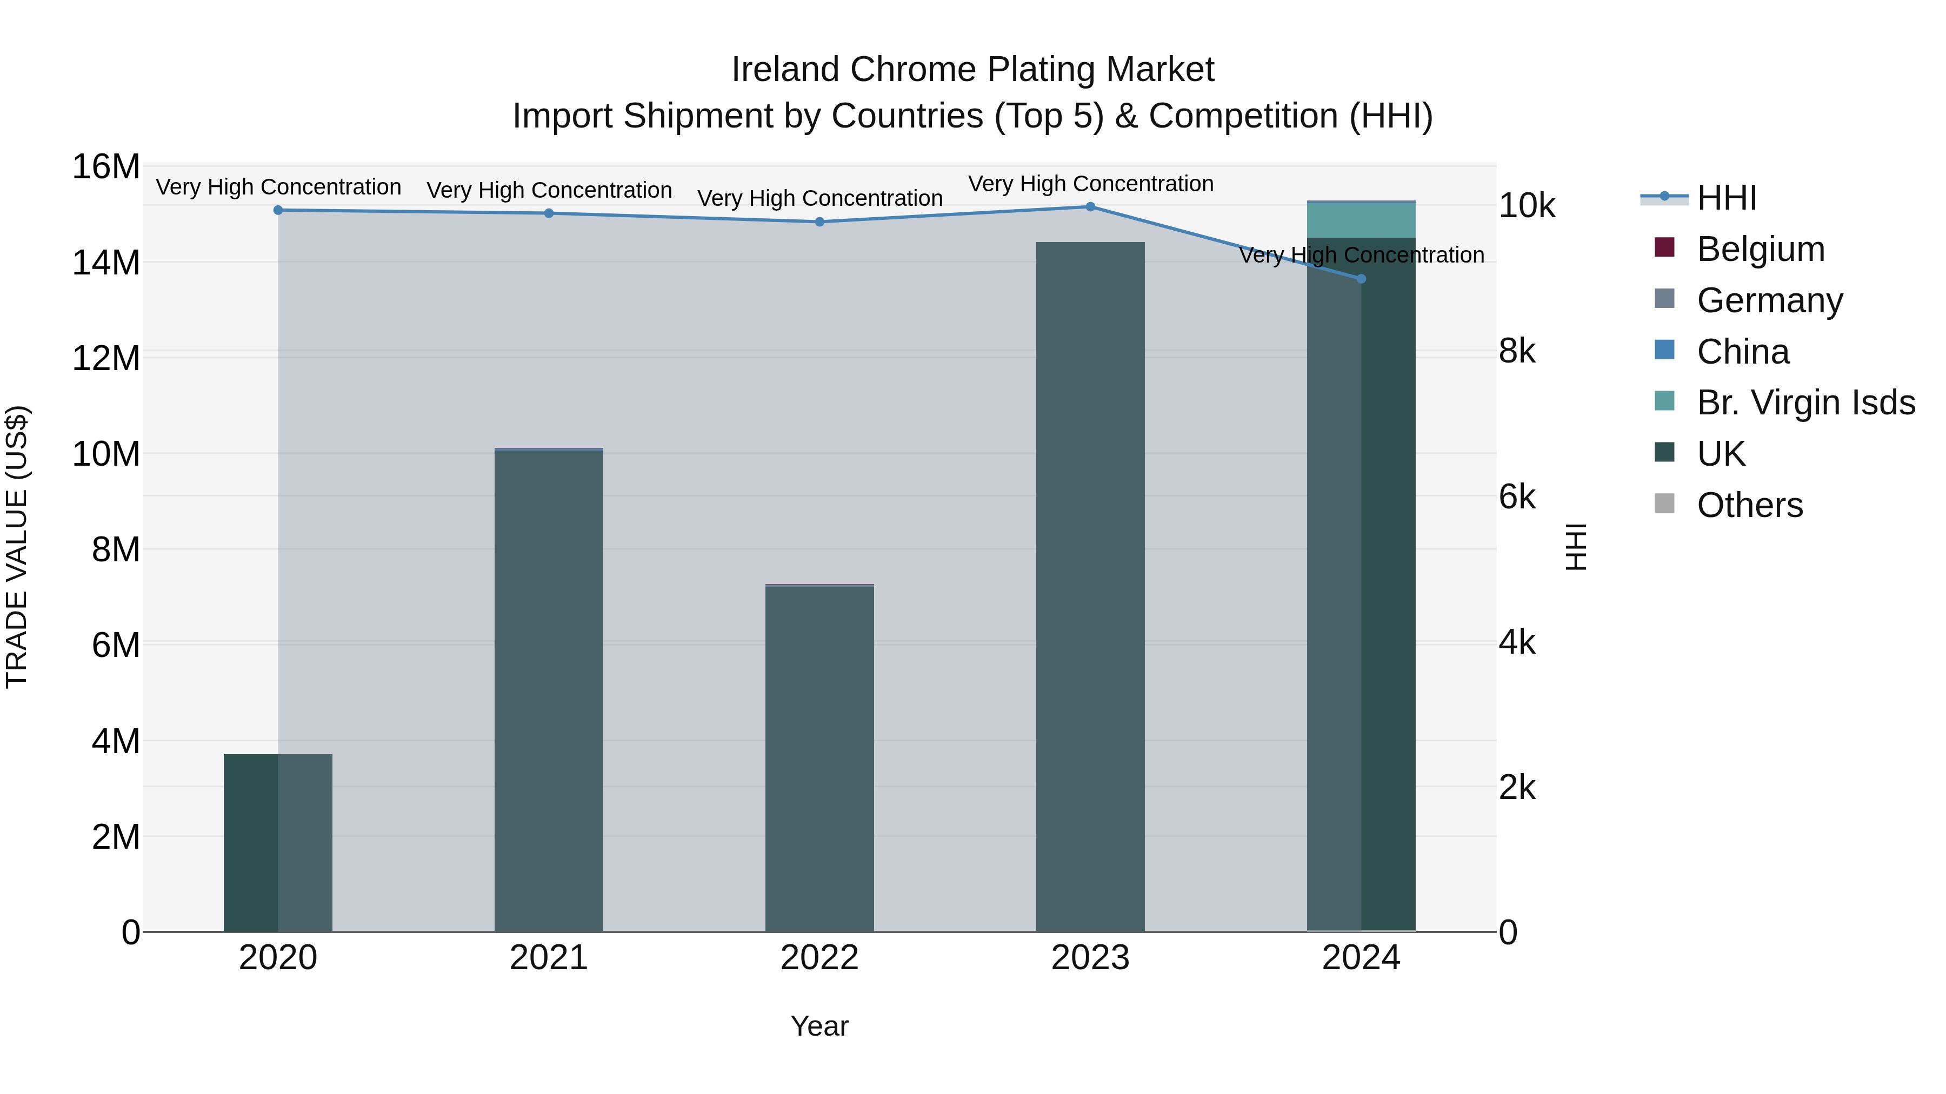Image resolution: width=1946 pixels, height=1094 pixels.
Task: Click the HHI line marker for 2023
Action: (x=1090, y=206)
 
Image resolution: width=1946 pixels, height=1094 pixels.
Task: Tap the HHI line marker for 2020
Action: (x=278, y=210)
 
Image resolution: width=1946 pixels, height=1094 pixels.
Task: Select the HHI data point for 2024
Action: (x=1361, y=279)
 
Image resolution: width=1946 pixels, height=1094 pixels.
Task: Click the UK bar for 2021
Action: (x=549, y=691)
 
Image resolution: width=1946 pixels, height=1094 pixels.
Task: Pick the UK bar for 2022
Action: (x=819, y=759)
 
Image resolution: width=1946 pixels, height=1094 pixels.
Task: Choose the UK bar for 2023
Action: (x=1090, y=587)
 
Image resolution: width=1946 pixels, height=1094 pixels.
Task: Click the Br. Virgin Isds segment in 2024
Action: (x=1361, y=220)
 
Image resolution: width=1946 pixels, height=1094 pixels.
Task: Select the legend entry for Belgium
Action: (x=1760, y=249)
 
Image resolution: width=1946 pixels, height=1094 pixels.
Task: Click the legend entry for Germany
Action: (x=1769, y=300)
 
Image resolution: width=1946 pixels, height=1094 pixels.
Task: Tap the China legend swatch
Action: (x=1664, y=350)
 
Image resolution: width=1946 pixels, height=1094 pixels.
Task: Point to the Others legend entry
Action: (x=1750, y=505)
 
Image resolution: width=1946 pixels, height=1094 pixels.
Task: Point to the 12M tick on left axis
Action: (x=106, y=358)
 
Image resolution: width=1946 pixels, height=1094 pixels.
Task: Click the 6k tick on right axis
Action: (x=1517, y=497)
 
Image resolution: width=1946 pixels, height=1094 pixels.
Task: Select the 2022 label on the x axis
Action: (x=819, y=958)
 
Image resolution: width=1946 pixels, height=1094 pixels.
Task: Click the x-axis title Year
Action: (x=819, y=1026)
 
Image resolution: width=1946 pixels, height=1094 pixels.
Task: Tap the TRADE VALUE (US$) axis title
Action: (x=17, y=547)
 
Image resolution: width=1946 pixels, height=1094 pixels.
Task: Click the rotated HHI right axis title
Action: (x=1576, y=547)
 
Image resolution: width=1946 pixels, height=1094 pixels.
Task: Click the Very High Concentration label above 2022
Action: (x=819, y=199)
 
